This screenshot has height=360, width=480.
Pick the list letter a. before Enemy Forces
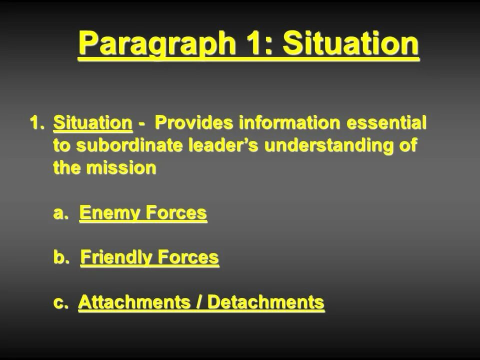click(60, 213)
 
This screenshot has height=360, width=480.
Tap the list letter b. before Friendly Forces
click(61, 258)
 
